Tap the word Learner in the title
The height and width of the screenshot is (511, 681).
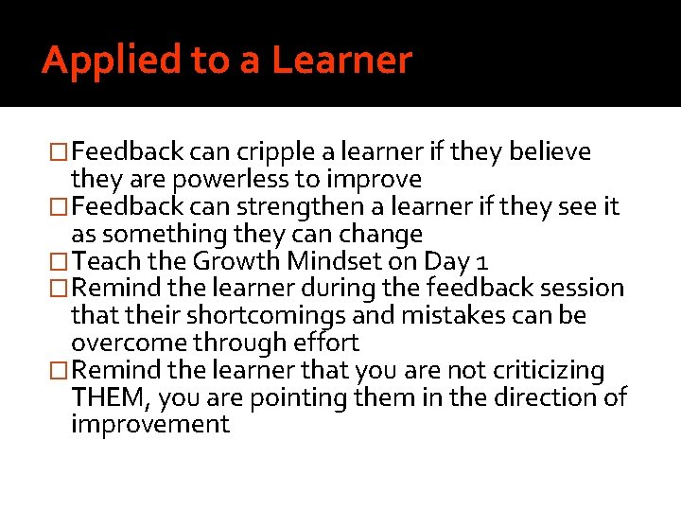click(x=342, y=61)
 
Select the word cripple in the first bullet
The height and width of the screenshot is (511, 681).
click(x=270, y=151)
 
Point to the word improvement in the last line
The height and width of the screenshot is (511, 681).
click(x=150, y=424)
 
